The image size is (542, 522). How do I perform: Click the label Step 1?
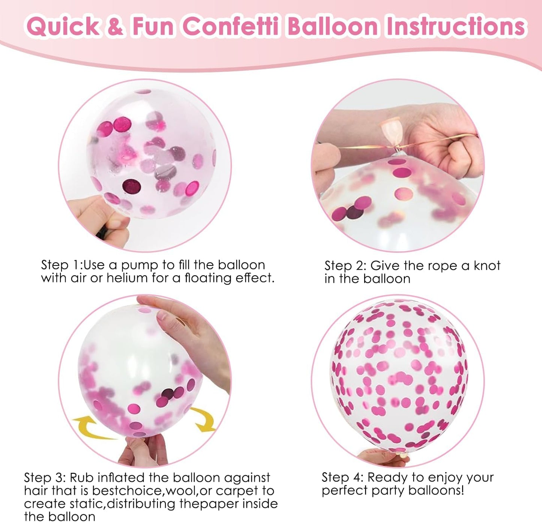coord(60,265)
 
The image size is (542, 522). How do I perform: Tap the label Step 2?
coord(345,266)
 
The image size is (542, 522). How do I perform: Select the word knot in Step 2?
coord(487,266)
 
